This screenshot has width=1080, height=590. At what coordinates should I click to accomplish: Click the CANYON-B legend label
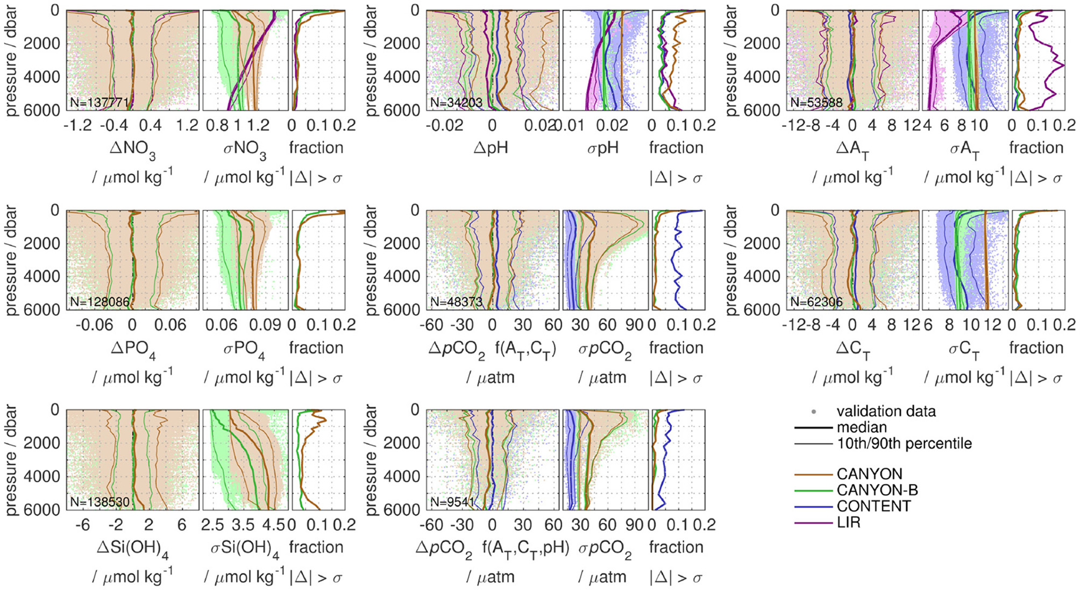877,490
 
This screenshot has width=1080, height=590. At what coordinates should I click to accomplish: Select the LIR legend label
848,522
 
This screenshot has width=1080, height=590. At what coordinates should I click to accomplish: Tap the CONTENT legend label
873,506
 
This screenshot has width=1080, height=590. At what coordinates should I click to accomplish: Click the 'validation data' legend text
886,411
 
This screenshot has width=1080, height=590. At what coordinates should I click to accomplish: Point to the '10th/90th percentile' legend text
904,444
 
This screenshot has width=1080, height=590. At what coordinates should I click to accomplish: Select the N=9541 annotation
452,502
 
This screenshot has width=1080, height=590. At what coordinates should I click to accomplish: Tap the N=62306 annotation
816,302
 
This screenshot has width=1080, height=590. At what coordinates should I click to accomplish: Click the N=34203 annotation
456,102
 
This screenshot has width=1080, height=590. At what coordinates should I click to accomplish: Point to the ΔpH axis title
491,148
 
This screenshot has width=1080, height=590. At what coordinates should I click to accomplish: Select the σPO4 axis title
244,349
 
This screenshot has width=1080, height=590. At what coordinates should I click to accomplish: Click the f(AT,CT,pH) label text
525,548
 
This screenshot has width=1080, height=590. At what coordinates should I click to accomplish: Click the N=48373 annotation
456,302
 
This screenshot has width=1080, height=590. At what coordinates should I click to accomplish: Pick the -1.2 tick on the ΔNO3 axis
77,125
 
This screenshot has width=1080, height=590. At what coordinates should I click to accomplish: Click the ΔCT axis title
853,349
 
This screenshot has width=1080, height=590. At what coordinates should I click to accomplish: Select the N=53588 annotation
816,102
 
